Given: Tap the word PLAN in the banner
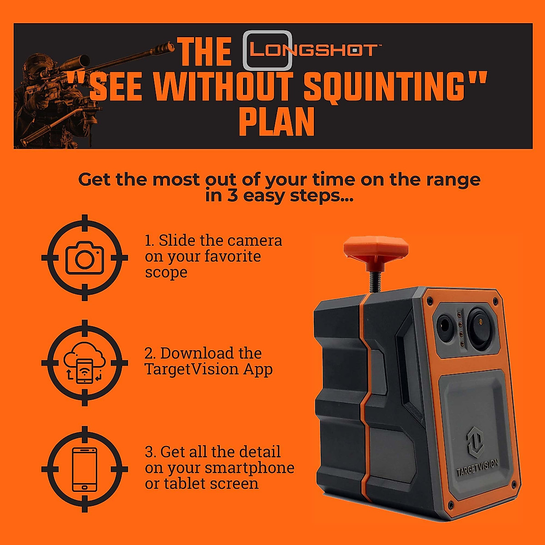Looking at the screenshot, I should (x=277, y=122).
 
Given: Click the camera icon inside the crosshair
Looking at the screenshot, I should (x=84, y=258).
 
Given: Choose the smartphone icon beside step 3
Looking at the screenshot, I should (x=84, y=469).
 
